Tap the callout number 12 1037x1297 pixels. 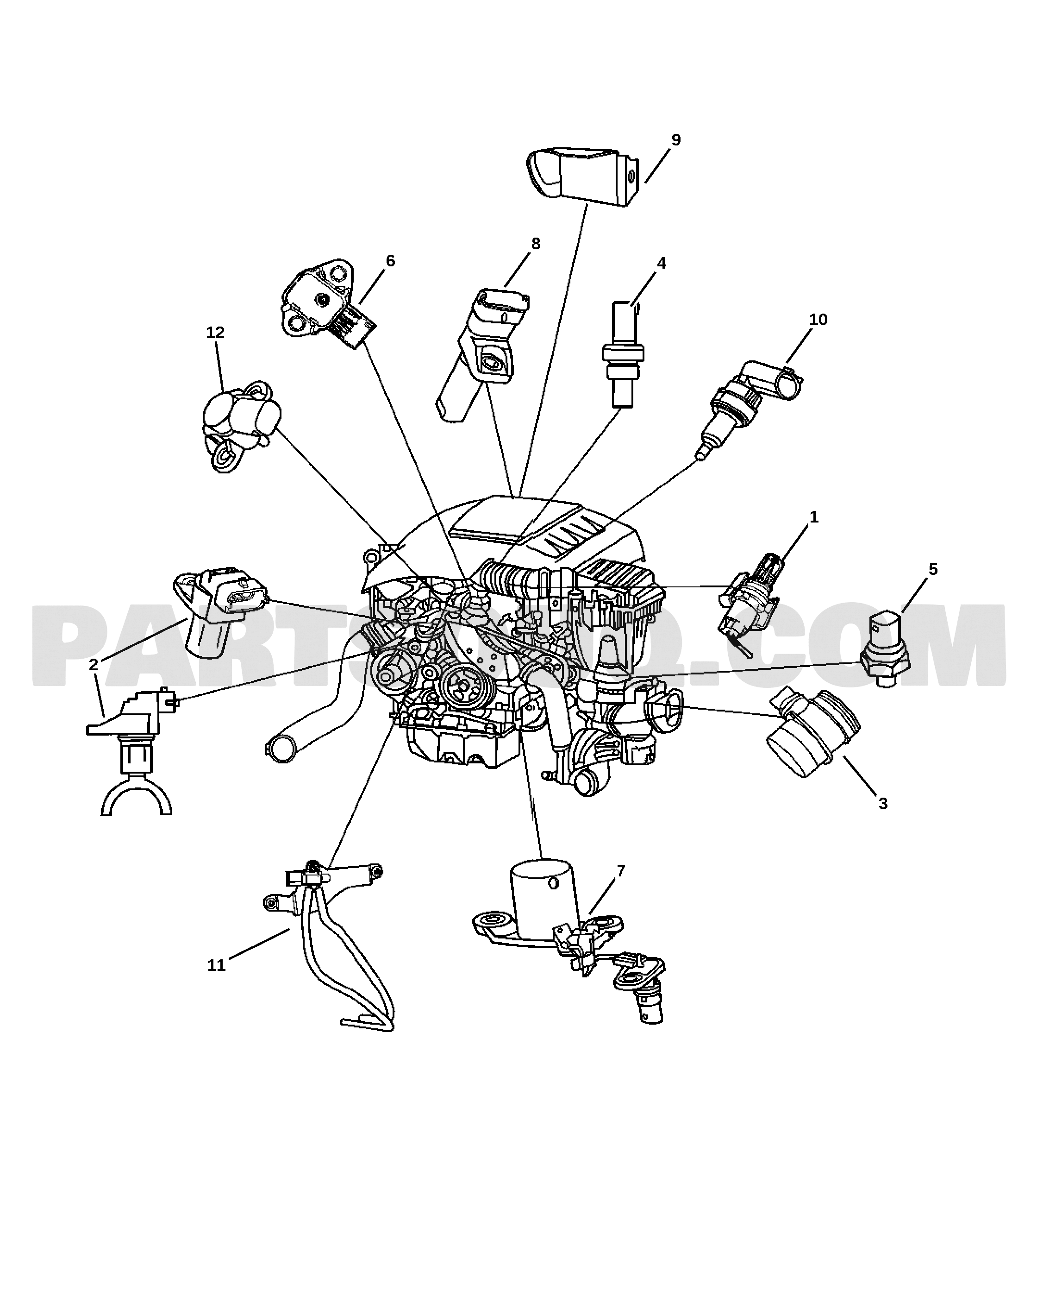pos(215,332)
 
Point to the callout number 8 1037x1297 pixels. pos(536,244)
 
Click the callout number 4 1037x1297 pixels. pos(661,263)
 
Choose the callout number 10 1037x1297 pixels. pos(818,320)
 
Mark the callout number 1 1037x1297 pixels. pos(814,517)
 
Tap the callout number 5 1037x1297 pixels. pos(933,568)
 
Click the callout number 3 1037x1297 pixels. pos(882,803)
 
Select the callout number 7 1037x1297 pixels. pos(621,870)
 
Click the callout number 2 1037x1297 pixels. pos(93,665)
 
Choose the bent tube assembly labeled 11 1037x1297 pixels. pos(337,957)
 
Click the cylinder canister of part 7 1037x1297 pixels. pos(541,896)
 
